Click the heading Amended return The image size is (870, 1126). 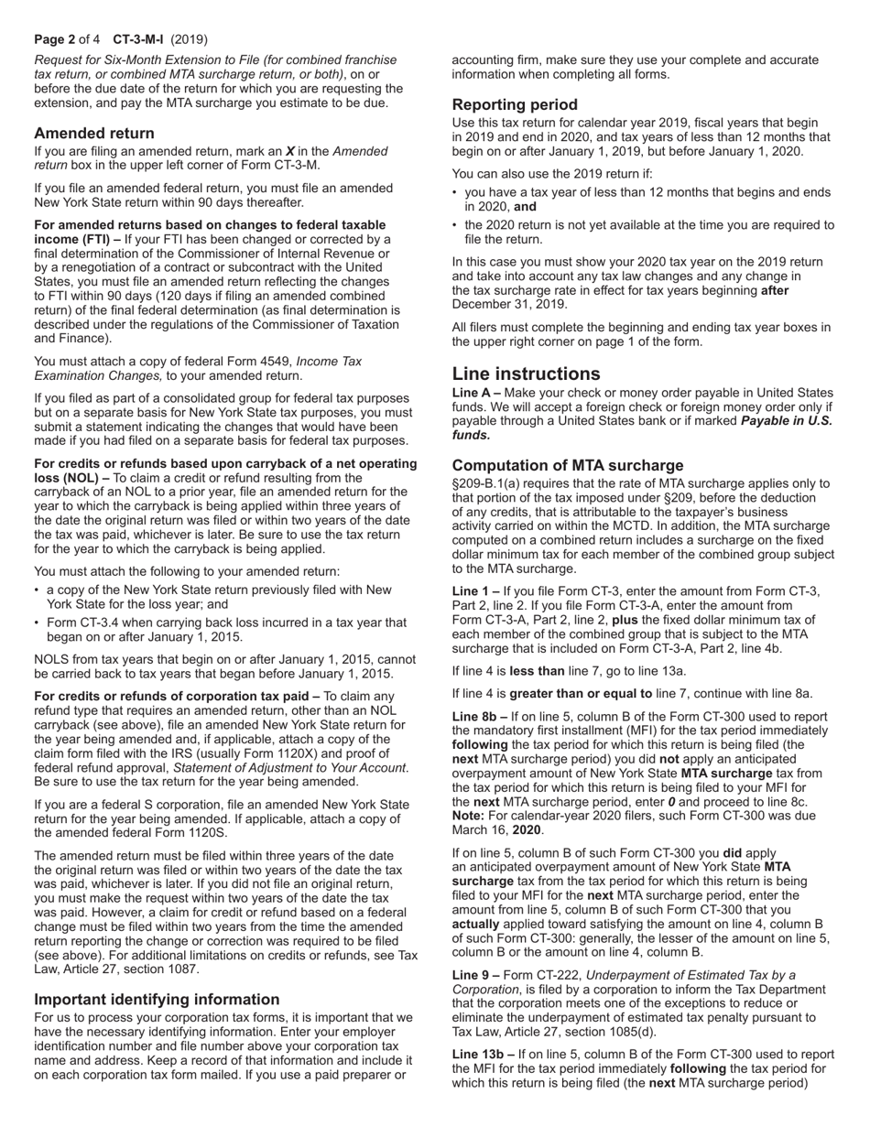(94, 133)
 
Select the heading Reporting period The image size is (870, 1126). (515, 104)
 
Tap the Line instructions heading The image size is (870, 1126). (527, 374)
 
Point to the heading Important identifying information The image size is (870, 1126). (157, 999)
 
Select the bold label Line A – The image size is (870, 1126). (476, 393)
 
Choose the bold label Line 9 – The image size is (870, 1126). (476, 974)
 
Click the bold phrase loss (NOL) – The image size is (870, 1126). (71, 478)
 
